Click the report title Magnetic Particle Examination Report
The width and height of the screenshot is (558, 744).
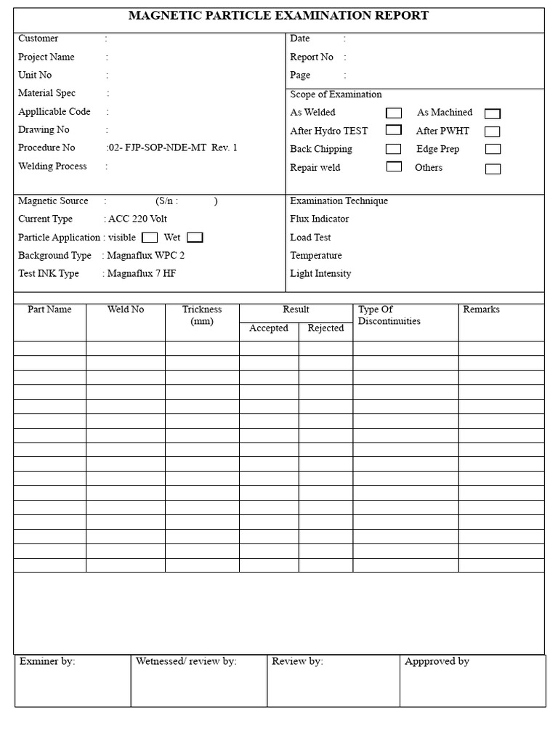pos(278,15)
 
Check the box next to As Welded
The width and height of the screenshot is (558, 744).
pos(393,113)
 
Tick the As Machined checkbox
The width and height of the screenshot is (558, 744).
pos(493,113)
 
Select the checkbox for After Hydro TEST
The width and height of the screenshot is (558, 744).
pos(393,130)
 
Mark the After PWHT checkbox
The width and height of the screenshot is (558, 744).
pos(493,132)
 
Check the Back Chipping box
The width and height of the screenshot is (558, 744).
pos(393,149)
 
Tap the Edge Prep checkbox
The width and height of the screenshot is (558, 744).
pos(493,149)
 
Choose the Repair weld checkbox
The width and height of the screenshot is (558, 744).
pos(393,166)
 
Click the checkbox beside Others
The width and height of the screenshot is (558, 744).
pos(493,169)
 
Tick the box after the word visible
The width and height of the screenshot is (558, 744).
pos(150,237)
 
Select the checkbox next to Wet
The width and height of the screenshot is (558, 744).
pos(195,237)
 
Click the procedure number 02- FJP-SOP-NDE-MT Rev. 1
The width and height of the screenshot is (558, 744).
pos(173,147)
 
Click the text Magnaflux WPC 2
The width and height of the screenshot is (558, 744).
pos(145,255)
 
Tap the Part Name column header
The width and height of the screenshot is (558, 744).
pos(49,310)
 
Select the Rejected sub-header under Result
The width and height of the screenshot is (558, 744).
pos(325,328)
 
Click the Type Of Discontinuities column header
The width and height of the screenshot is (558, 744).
pos(389,315)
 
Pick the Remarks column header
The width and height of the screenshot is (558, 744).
pos(481,310)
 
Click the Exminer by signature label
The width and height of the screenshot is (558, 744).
pos(47,661)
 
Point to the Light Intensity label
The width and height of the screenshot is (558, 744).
pos(320,273)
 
